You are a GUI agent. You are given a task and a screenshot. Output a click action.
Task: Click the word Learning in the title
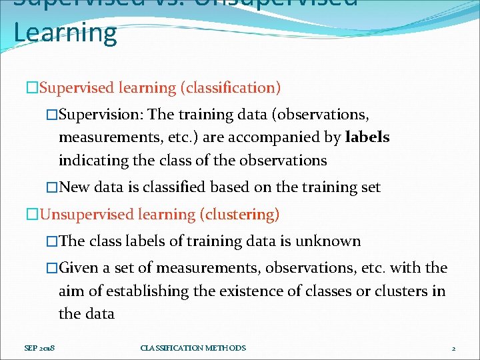[65, 33]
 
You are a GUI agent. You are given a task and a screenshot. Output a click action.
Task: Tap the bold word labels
[367, 137]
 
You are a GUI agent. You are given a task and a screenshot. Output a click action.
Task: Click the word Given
[79, 268]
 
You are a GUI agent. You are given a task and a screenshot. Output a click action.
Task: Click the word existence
[237, 291]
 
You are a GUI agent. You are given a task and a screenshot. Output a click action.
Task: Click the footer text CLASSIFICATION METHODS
[193, 348]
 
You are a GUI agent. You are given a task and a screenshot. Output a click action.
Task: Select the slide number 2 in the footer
[453, 348]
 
